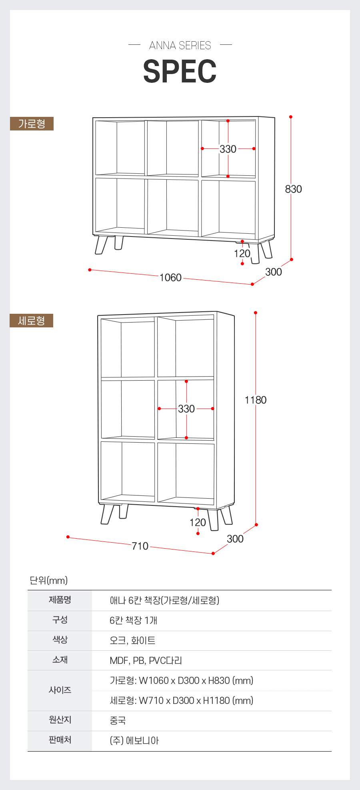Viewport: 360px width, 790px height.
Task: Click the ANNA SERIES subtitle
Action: (x=180, y=45)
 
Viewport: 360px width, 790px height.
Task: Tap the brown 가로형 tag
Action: (x=32, y=124)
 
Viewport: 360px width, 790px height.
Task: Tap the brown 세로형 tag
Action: (x=32, y=321)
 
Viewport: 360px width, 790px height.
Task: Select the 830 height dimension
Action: (x=294, y=189)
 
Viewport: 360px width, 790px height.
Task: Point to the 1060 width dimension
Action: (x=170, y=277)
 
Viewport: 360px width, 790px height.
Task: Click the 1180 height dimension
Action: (x=256, y=400)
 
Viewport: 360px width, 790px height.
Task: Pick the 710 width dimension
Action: (x=140, y=546)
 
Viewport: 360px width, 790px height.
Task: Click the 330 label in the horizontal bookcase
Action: (x=228, y=149)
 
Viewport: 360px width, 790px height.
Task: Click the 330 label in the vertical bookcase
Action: (x=186, y=409)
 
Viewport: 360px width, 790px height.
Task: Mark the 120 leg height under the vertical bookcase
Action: (x=198, y=522)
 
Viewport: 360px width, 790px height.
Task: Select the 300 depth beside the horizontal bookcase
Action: (x=274, y=272)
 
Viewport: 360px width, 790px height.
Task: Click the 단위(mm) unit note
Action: (x=48, y=580)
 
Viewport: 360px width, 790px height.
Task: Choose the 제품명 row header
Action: (x=60, y=600)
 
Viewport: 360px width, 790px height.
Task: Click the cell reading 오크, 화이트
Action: (x=132, y=640)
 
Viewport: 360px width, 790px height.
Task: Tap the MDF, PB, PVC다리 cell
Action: (x=146, y=660)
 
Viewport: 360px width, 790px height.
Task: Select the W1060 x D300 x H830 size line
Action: (x=182, y=680)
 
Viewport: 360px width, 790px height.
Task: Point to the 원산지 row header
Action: (x=60, y=720)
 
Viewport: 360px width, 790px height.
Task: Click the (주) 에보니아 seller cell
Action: (x=134, y=740)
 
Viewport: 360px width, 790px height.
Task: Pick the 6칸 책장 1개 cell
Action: (x=133, y=620)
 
